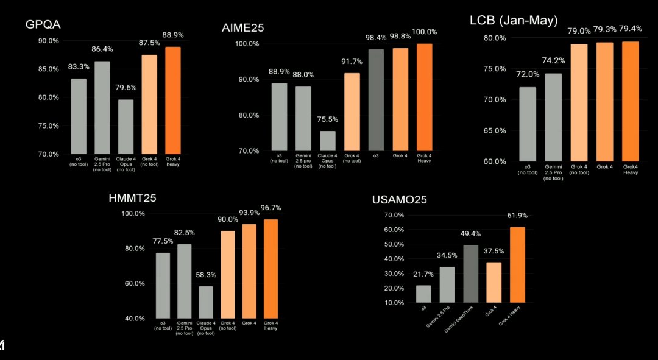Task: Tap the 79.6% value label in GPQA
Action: point(126,88)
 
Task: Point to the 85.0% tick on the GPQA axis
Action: point(48,69)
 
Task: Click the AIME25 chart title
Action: point(243,27)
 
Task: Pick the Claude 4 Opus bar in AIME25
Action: point(327,141)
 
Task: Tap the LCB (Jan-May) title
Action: point(513,21)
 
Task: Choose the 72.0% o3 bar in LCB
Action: point(528,124)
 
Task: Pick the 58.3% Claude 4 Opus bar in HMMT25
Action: point(206,302)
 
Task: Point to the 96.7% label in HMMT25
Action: point(271,208)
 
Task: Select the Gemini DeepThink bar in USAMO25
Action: point(471,274)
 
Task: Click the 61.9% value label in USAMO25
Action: point(517,215)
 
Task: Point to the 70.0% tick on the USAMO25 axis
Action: point(395,215)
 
